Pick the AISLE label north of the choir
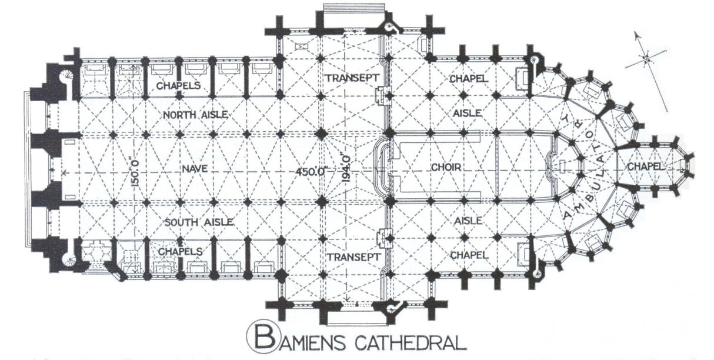468,112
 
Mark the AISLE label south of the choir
468,220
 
